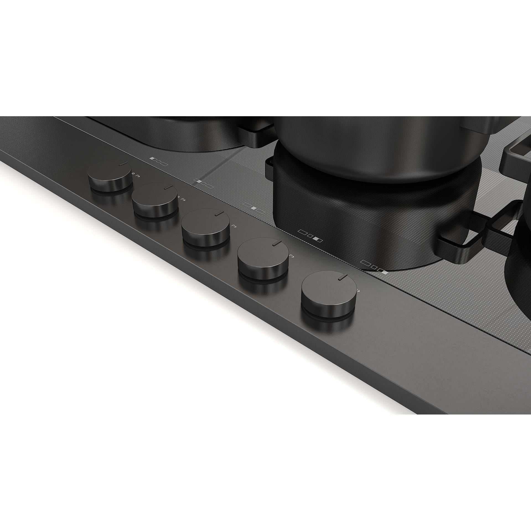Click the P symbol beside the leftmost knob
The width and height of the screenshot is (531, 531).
(x=137, y=175)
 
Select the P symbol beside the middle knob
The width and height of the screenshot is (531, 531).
(x=234, y=226)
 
